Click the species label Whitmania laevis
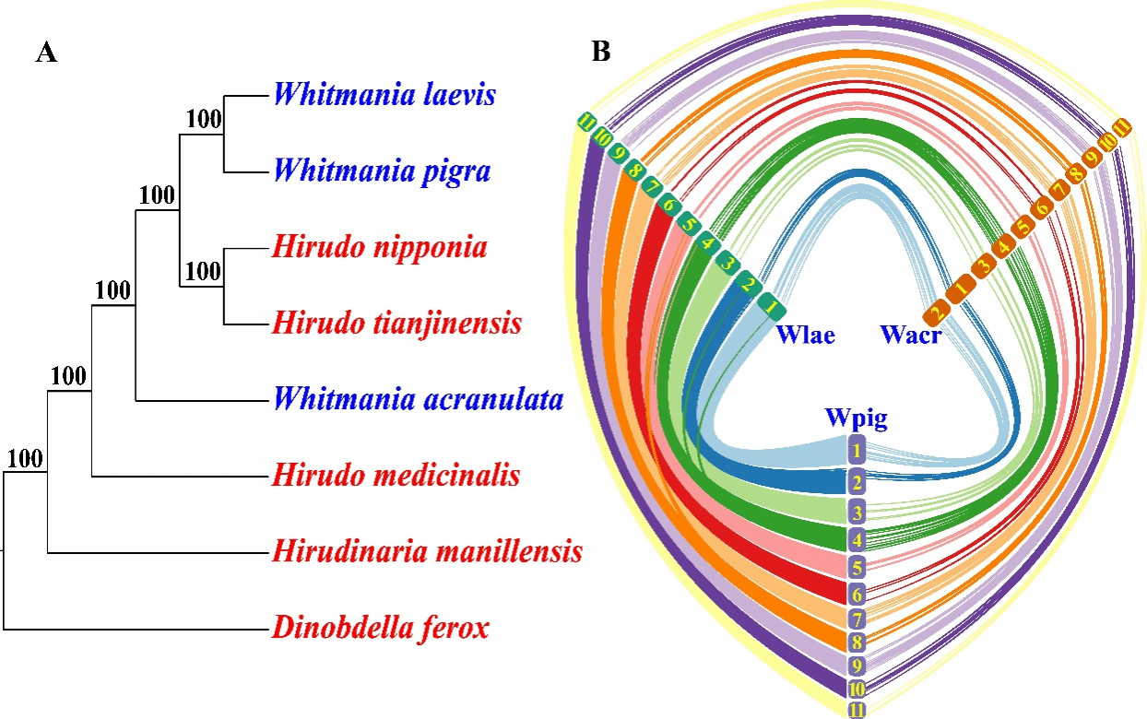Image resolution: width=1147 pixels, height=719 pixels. tap(385, 95)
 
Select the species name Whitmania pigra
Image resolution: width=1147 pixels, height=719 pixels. tap(382, 171)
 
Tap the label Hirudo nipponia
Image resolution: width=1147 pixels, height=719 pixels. tap(380, 247)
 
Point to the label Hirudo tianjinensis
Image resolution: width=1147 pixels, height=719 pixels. tap(397, 324)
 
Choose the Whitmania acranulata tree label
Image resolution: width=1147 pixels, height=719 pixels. tap(419, 400)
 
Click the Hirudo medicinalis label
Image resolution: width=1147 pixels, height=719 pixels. tap(396, 476)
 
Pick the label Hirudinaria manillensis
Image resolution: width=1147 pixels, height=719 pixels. tap(428, 552)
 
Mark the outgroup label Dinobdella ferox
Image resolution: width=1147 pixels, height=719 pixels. tap(381, 629)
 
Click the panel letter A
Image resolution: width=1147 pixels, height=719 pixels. tap(46, 53)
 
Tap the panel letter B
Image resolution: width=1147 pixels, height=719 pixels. tap(600, 53)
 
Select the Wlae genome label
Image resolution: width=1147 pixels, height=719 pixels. tap(805, 334)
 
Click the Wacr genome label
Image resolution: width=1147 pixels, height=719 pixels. tap(911, 334)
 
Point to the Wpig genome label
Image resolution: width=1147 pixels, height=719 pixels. tap(857, 418)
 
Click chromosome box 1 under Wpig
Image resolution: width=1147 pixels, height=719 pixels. tap(857, 452)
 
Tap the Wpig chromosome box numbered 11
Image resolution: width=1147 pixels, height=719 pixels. tap(857, 709)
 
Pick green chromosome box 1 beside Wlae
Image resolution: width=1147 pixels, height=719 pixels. tap(771, 303)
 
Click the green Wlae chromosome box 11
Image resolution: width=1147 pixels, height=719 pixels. tap(585, 121)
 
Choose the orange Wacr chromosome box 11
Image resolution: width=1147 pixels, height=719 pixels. tap(1122, 127)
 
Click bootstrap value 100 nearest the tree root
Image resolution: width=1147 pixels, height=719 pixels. tap(25, 459)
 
